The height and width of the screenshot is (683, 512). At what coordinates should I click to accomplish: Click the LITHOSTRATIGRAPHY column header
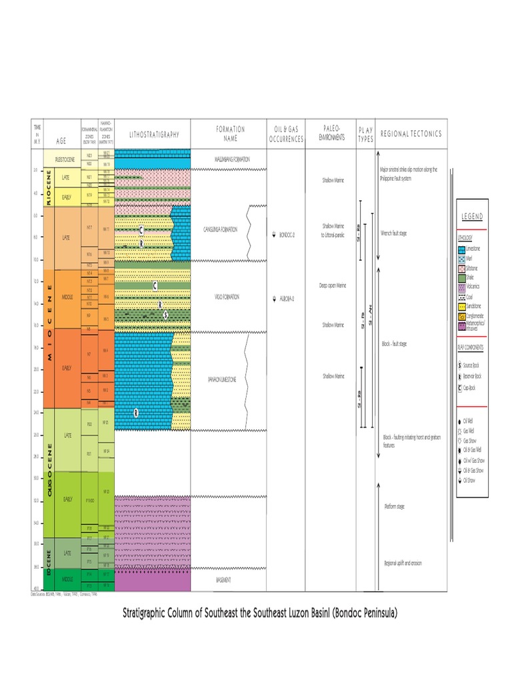153,134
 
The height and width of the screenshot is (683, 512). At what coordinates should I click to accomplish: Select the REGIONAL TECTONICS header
411,134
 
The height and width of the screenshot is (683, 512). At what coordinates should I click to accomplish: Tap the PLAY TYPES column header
366,134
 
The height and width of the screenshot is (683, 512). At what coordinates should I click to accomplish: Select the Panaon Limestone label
223,380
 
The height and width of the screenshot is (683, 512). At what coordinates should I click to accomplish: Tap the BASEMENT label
223,580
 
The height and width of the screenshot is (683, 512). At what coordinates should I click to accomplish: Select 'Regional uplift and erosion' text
402,563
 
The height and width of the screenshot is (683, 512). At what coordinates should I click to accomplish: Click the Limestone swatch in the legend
462,248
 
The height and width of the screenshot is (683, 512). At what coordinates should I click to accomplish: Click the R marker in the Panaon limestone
135,413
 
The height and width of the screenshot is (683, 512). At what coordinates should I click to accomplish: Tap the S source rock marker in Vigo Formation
165,314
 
